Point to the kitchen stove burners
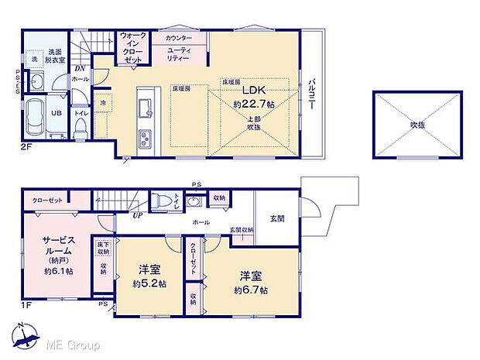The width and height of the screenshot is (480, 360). (x=146, y=139)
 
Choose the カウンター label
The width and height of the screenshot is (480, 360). (x=180, y=37)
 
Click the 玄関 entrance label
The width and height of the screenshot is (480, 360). (x=276, y=219)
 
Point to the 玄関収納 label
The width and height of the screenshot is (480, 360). (x=241, y=230)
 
